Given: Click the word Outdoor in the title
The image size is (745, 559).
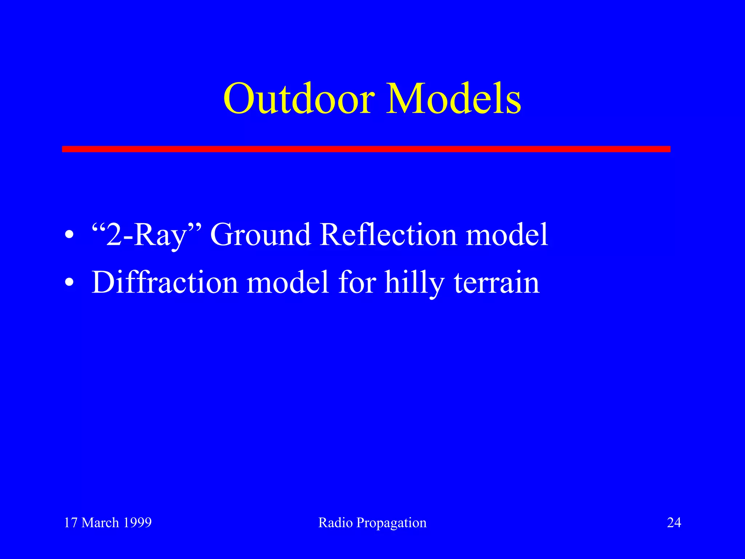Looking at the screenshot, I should point(299,99).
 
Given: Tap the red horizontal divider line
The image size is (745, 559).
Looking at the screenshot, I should point(366,149).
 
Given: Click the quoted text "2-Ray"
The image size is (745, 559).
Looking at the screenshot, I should point(146,235).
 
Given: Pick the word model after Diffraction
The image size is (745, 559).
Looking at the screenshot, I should point(288,282).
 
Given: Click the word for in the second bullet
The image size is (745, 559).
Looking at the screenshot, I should point(357,282).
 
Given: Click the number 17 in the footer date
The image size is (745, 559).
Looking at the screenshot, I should point(71,523).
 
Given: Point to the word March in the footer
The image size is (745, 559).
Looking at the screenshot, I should point(100,523).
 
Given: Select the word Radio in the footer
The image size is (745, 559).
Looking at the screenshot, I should point(335,523).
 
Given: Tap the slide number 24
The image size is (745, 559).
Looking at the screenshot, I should point(674,523).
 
